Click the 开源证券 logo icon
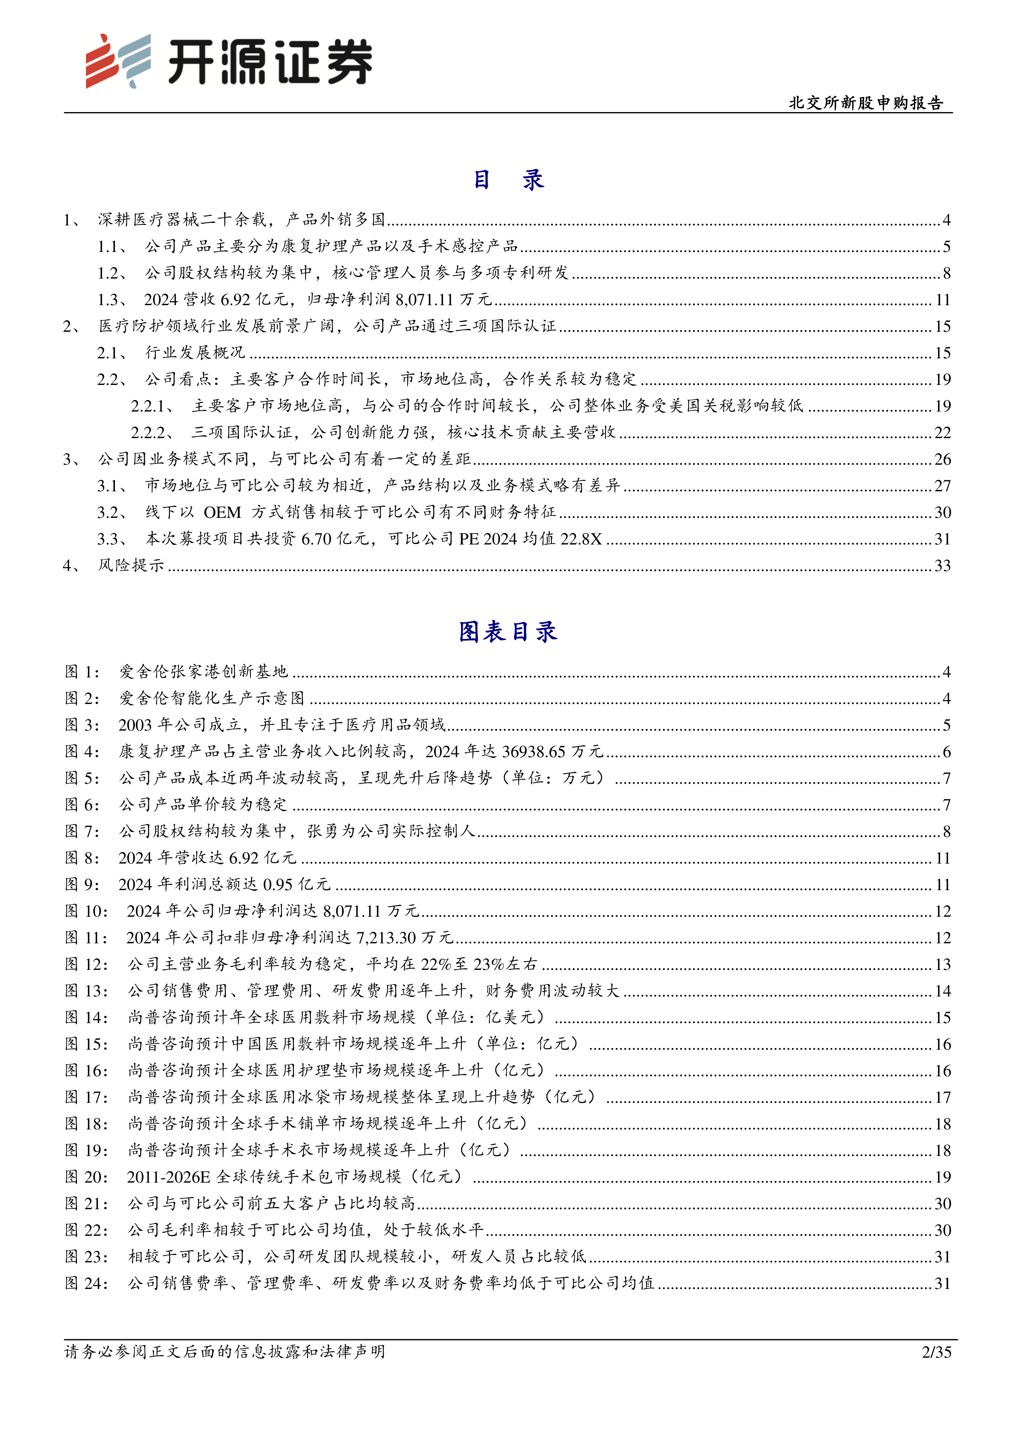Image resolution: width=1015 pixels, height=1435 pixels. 118,61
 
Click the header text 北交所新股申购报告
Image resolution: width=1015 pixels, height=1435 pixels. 866,103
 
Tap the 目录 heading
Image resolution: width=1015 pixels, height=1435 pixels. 507,180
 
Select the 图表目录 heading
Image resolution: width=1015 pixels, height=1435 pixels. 507,632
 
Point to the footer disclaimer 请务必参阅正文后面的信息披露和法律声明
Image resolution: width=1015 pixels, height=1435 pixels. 225,1352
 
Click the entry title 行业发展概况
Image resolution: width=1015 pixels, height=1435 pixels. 195,353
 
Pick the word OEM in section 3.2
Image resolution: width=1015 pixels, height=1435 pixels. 223,513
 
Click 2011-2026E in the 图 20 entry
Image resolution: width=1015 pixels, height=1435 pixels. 168,1177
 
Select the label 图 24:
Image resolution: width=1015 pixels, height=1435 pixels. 86,1283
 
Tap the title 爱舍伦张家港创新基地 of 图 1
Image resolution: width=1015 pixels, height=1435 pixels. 204,672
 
